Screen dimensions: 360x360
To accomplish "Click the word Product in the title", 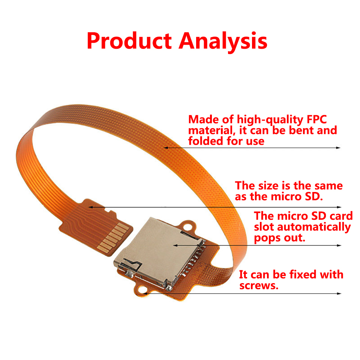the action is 129,40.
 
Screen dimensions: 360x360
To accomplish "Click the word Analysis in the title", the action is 223,42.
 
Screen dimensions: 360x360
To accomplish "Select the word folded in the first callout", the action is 205,141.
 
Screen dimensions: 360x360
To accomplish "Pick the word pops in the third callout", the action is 267,238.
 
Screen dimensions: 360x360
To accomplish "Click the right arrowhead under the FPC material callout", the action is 338,148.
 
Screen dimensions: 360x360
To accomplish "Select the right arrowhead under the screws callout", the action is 339,293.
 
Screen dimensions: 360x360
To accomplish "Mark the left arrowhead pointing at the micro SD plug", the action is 91,207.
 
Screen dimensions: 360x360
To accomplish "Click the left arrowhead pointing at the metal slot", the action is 175,245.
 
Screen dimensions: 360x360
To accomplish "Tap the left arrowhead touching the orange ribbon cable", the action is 166,148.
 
